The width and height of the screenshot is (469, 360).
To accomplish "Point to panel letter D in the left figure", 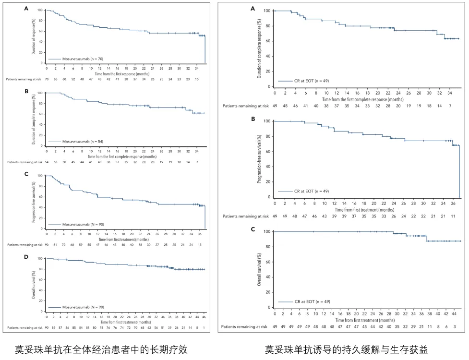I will click(x=26, y=257).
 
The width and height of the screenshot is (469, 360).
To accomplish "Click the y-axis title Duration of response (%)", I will click(x=34, y=36).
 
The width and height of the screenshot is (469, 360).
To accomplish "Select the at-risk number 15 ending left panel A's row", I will click(x=197, y=79).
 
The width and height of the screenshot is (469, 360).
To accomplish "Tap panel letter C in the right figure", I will click(x=253, y=230).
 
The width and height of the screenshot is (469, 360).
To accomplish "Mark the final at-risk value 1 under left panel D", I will click(x=204, y=328).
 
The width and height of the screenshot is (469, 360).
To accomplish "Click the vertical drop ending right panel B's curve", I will click(x=459, y=170).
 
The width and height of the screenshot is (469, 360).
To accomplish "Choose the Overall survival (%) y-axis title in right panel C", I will click(x=259, y=270).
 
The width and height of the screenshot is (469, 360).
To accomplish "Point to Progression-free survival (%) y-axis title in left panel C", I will click(x=34, y=202).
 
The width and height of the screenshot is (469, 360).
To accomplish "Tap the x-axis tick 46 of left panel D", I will click(x=204, y=317).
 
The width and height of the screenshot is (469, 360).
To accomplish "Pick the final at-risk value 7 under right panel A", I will click(x=450, y=106).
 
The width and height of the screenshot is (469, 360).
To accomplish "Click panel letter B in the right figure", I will click(x=253, y=119).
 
